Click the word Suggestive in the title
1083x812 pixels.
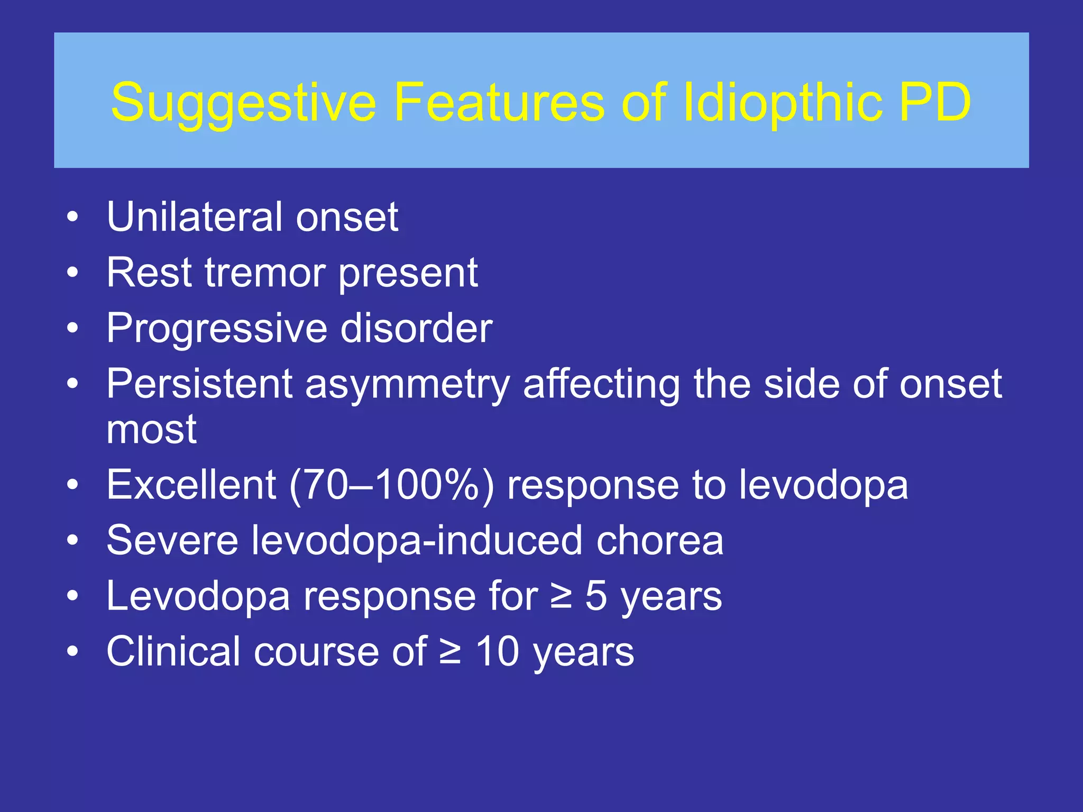(243, 103)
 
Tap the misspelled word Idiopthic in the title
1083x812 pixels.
(783, 103)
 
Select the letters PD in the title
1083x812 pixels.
(934, 102)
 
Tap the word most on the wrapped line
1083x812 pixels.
(152, 429)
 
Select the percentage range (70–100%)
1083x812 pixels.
(391, 485)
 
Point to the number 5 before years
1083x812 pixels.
(596, 596)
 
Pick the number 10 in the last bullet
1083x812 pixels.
(498, 652)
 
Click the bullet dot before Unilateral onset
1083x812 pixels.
(72, 217)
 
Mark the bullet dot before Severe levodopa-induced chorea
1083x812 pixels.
(72, 541)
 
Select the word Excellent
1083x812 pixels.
(191, 485)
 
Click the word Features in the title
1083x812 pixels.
(499, 102)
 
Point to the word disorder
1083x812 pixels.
(416, 329)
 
